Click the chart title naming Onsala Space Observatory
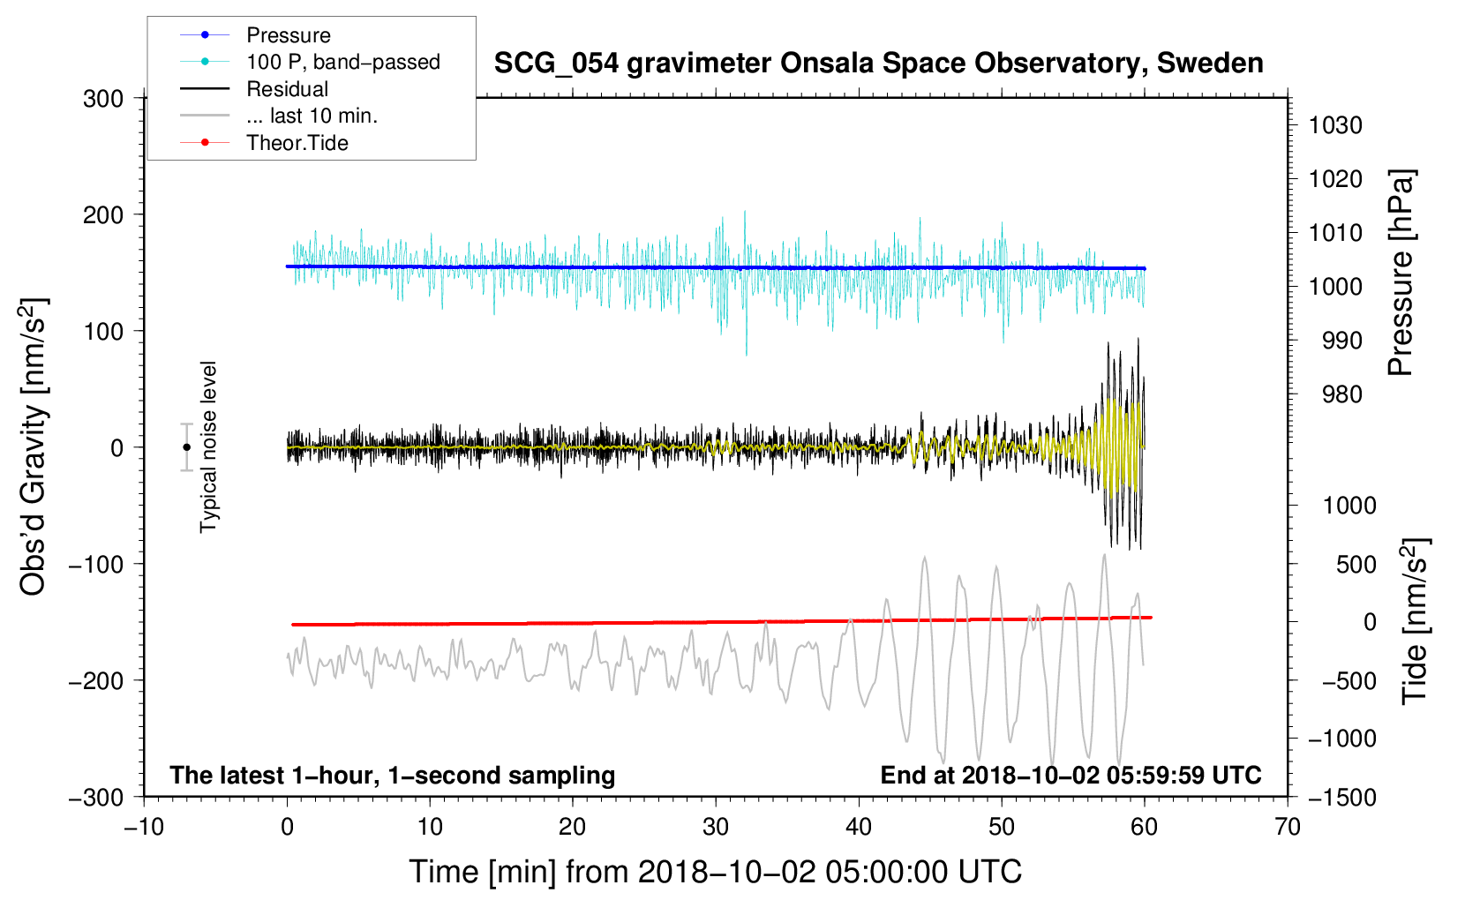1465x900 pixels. tap(878, 64)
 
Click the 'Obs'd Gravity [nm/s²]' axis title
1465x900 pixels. tap(33, 447)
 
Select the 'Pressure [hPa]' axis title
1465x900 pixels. tap(1401, 273)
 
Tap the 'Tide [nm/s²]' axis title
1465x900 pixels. tap(1416, 621)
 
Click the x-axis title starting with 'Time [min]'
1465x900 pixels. tap(716, 872)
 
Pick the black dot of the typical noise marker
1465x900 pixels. tap(186, 447)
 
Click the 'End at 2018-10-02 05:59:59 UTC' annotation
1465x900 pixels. tap(1071, 775)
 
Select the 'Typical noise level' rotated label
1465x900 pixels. tap(208, 447)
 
